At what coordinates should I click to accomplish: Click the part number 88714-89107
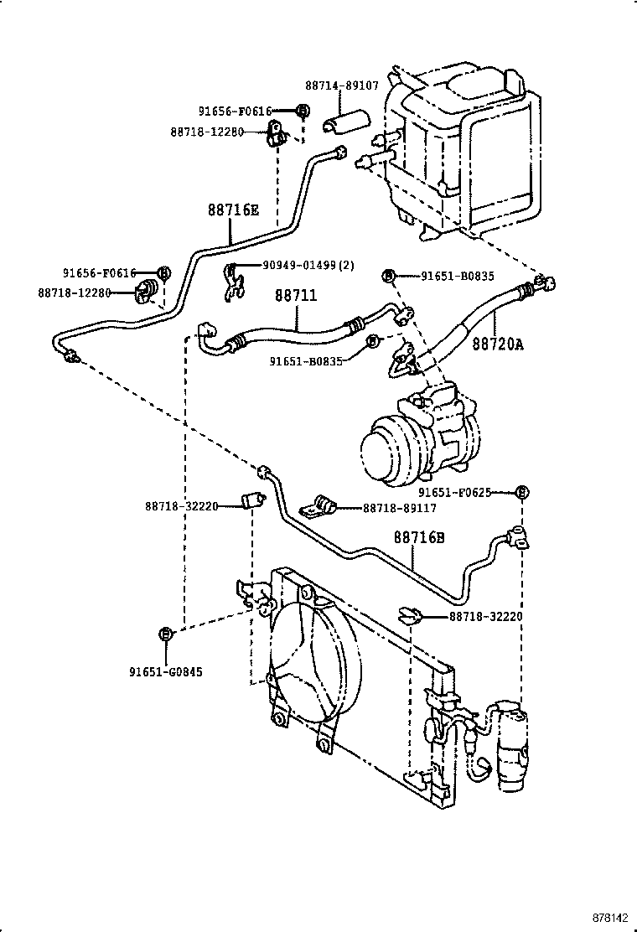click(342, 85)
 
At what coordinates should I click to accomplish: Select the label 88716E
click(234, 210)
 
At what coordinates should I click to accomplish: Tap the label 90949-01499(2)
click(308, 266)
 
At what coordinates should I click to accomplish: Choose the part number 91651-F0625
click(466, 493)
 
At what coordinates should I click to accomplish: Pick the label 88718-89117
click(398, 509)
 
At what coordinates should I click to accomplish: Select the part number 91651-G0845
click(166, 671)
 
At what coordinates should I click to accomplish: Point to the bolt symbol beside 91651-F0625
click(520, 493)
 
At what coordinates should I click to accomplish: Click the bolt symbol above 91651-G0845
click(166, 634)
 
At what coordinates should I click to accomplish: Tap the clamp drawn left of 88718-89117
click(318, 506)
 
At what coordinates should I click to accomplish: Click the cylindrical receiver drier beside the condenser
click(510, 746)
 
